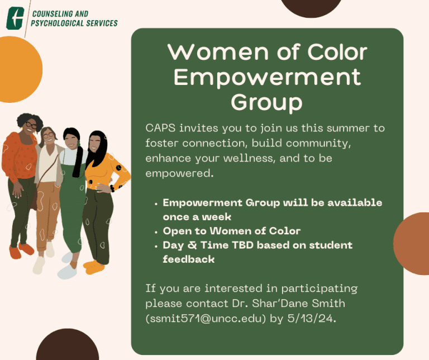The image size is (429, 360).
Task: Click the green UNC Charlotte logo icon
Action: click(15, 18)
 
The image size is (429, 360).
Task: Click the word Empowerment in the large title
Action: click(267, 77)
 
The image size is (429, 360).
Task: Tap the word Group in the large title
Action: click(267, 102)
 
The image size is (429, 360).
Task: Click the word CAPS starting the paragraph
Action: click(160, 129)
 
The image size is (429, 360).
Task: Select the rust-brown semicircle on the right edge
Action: click(414, 244)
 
